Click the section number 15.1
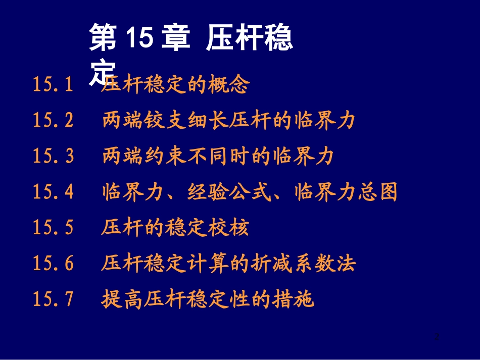(53, 84)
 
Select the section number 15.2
(53, 121)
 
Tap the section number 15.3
(53, 157)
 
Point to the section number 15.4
(53, 192)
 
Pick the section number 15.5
(53, 228)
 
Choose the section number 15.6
(53, 264)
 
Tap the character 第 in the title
(103, 39)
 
